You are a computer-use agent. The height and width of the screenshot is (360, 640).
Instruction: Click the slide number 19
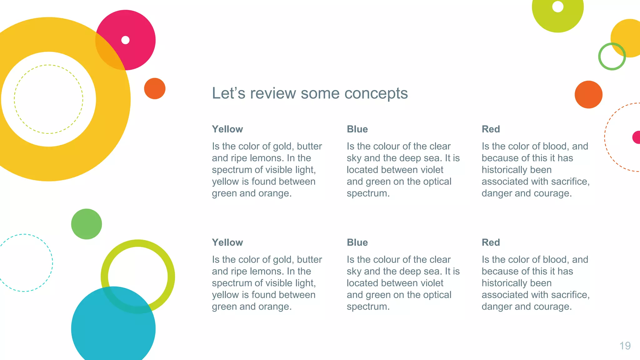625,346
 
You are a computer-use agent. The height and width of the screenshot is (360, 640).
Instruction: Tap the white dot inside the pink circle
125,40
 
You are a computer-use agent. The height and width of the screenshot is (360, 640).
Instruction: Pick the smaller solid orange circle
155,88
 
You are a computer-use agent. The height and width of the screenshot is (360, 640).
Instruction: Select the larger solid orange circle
588,94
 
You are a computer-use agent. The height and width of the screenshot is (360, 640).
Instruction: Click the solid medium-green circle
87,224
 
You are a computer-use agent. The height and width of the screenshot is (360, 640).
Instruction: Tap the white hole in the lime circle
558,6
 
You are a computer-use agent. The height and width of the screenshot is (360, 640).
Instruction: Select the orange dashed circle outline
605,137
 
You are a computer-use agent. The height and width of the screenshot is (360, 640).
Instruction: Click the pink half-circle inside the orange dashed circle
637,137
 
